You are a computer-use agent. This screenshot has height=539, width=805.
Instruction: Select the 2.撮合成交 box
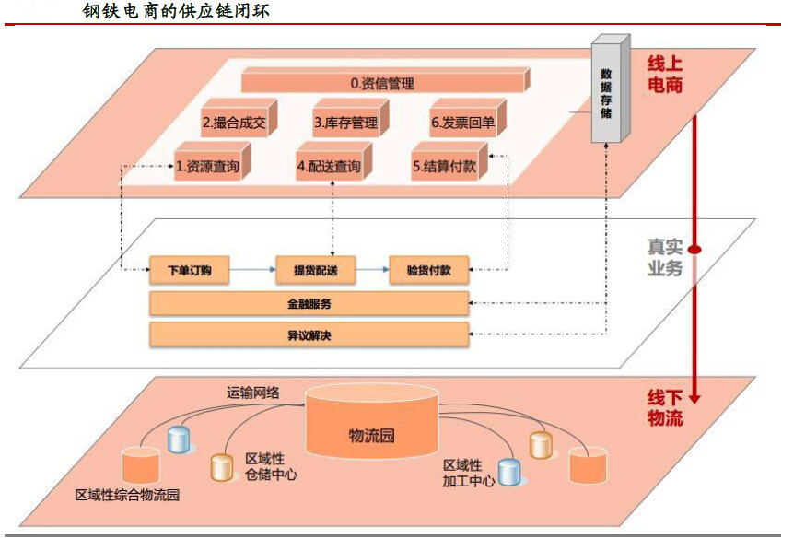pos(234,122)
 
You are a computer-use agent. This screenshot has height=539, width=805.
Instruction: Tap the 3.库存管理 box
pos(346,122)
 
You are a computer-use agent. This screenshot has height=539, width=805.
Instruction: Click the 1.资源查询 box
pos(208,167)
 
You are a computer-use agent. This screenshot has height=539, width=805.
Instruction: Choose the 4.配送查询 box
pos(329,167)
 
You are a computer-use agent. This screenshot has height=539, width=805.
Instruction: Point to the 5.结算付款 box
pos(445,167)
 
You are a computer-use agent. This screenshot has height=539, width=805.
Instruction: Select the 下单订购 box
pos(190,271)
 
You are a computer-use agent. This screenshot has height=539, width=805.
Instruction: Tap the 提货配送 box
pos(315,271)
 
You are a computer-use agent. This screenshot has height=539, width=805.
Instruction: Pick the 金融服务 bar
pos(309,303)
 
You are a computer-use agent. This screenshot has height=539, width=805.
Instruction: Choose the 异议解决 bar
pos(309,334)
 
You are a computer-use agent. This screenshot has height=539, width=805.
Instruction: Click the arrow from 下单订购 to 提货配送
pos(251,271)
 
